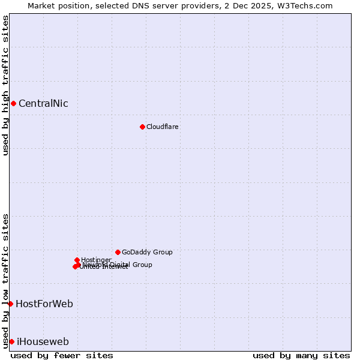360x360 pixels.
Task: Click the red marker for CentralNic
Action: click(13, 103)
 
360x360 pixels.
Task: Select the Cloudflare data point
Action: click(142, 127)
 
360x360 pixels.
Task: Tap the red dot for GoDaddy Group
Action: click(118, 252)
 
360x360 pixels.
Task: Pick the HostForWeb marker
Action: click(10, 304)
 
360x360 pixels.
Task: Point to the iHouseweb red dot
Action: click(11, 341)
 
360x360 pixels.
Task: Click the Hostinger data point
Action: click(77, 260)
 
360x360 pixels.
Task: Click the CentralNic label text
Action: click(43, 103)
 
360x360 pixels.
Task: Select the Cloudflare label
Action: click(162, 127)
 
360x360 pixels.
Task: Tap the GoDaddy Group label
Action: click(147, 252)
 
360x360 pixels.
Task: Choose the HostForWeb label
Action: click(44, 304)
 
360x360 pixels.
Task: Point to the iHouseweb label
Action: click(43, 341)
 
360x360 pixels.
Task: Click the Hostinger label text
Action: click(96, 260)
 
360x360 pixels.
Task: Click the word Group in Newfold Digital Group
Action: click(142, 265)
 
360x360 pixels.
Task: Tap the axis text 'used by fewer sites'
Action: click(62, 355)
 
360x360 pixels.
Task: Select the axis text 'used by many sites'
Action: click(301, 355)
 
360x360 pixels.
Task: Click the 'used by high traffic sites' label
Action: click(5, 85)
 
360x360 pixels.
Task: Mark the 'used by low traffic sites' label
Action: click(5, 280)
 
